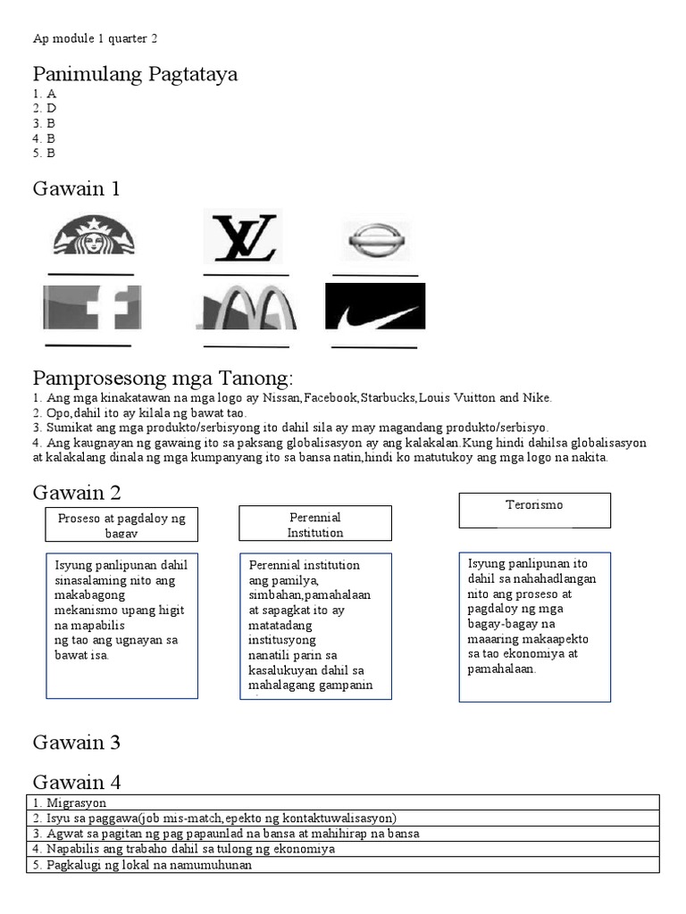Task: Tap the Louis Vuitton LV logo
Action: click(242, 236)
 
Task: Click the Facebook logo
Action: click(91, 307)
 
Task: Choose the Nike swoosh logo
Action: click(373, 308)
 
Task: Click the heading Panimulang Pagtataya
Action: click(135, 74)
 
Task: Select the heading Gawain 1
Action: click(76, 188)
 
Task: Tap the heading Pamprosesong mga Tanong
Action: click(163, 376)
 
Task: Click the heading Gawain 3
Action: click(77, 742)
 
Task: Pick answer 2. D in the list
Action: click(45, 108)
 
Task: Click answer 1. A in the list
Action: click(45, 93)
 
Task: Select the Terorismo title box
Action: click(534, 509)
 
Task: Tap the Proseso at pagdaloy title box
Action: click(121, 525)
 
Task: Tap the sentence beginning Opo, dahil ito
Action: click(138, 413)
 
